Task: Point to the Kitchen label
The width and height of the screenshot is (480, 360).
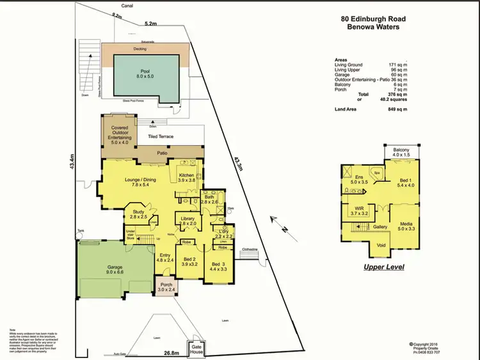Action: point(186,178)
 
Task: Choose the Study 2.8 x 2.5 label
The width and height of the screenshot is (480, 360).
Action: point(138,215)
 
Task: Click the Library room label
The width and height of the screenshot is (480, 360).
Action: point(188,222)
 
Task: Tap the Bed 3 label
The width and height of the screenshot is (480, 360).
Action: point(218,267)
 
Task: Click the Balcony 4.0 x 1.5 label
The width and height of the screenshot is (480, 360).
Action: point(401,152)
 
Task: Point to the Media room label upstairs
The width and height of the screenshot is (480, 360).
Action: point(406,224)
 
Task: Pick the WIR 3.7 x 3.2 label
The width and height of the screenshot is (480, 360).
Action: point(358,211)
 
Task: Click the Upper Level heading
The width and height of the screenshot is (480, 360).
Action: point(384,267)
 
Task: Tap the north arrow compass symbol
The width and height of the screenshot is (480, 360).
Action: point(279,224)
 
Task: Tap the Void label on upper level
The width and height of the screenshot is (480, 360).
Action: point(383,244)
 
